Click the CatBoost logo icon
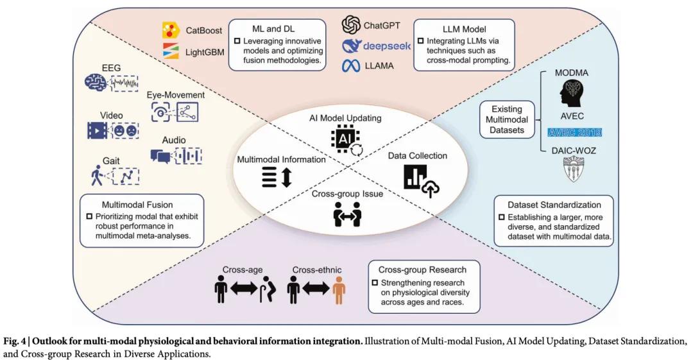click(171, 30)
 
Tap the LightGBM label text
click(205, 52)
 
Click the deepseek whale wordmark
click(376, 46)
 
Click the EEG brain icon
click(96, 83)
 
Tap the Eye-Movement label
click(176, 95)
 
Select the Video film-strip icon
click(98, 130)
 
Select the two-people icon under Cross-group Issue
click(347, 214)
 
